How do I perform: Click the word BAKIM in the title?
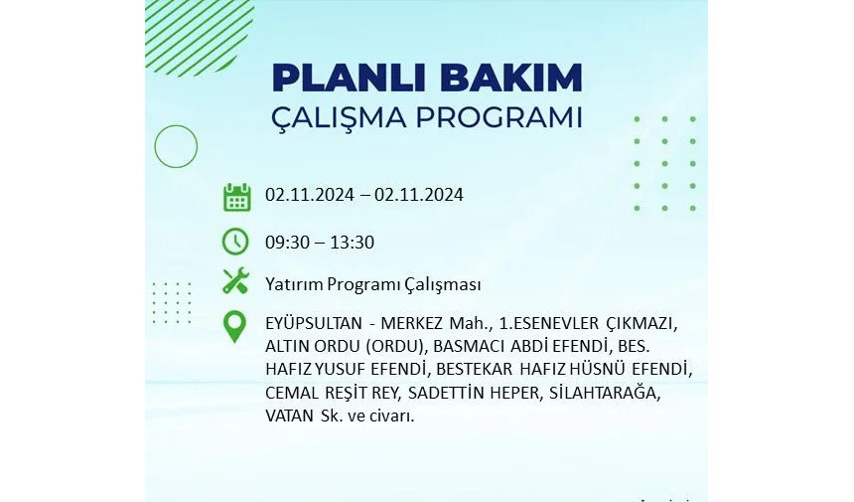coord(510,78)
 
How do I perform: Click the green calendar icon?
coord(237,197)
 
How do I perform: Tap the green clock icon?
coord(235,242)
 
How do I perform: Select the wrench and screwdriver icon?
coord(235,281)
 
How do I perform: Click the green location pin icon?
coord(234,327)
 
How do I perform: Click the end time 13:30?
coord(352,243)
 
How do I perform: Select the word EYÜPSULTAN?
coord(313,323)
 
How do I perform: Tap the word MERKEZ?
coord(411,323)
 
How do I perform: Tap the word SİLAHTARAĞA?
coord(603,393)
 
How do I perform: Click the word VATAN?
coord(289,416)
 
